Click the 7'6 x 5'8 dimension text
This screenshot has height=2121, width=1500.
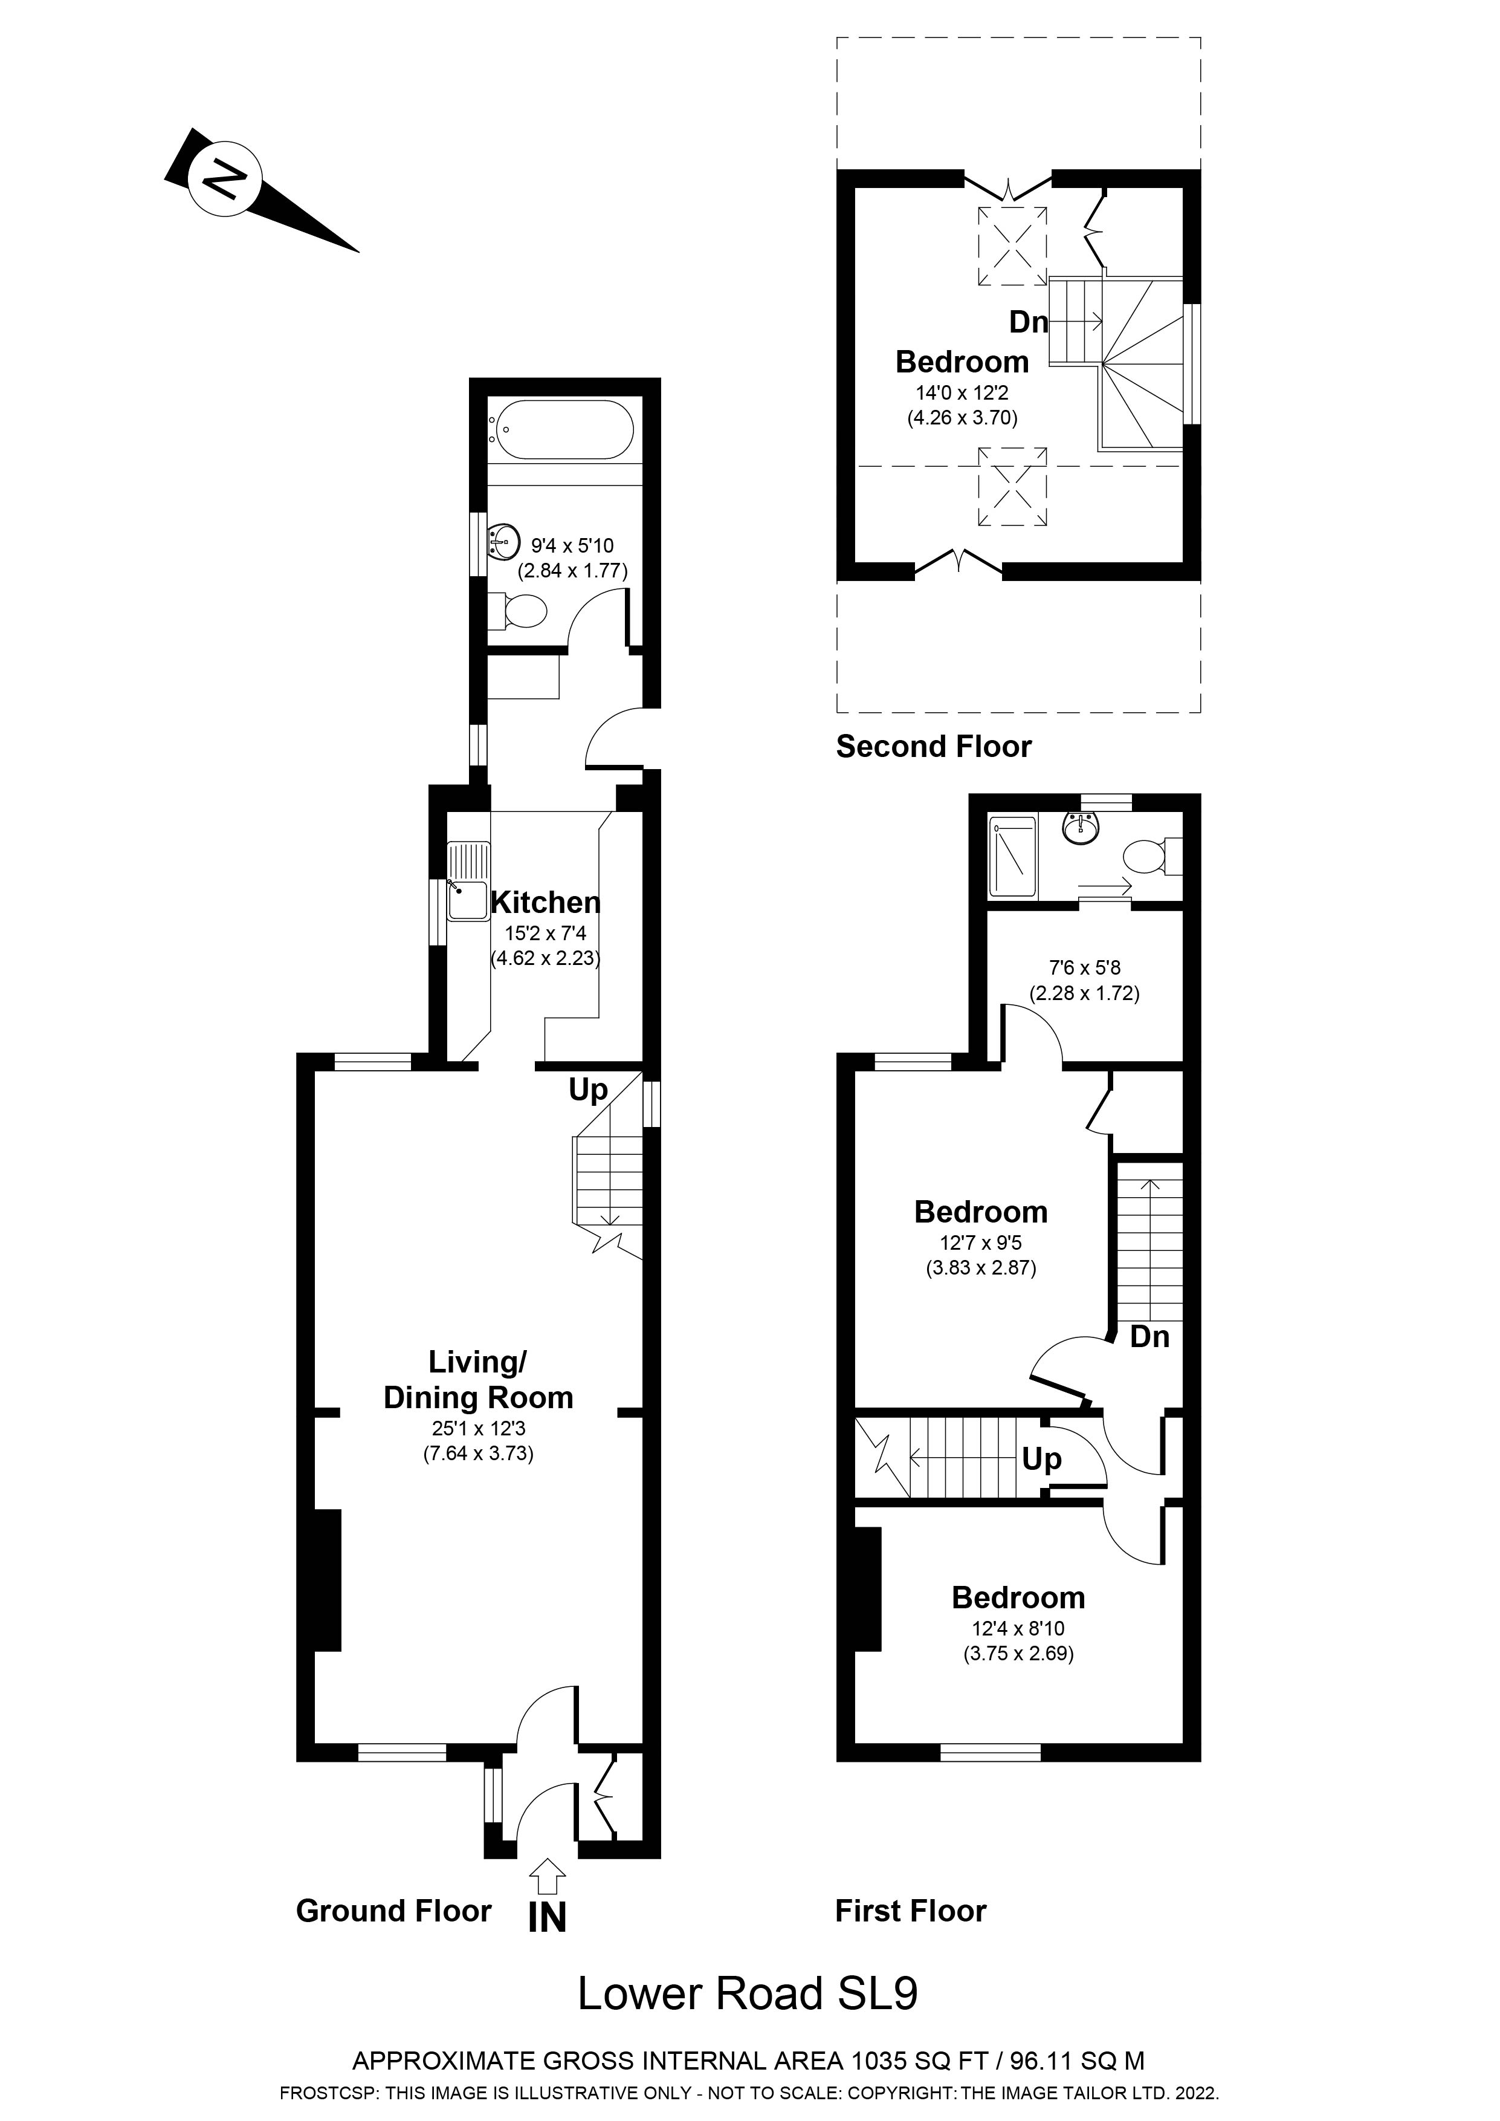pyautogui.click(x=1084, y=968)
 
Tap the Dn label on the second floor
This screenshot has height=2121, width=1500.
pyautogui.click(x=1028, y=322)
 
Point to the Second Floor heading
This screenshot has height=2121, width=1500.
pyautogui.click(x=933, y=747)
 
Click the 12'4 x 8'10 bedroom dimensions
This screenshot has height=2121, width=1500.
pyautogui.click(x=1018, y=1629)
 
